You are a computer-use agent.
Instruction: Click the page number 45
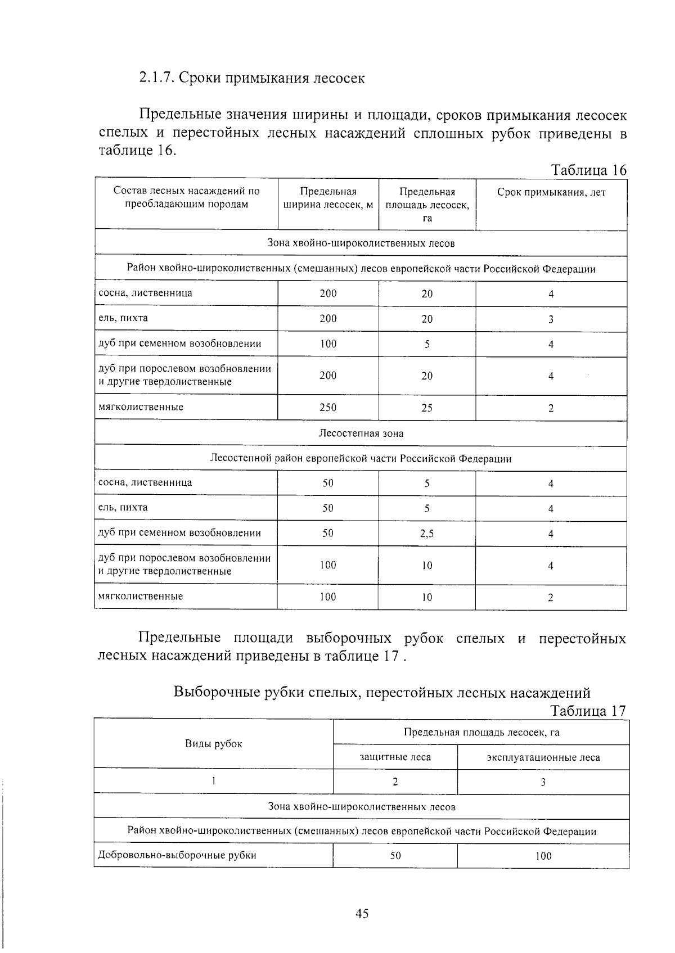click(x=362, y=914)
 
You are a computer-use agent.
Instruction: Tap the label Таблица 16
click(x=588, y=170)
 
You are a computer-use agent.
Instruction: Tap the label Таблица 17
click(x=588, y=711)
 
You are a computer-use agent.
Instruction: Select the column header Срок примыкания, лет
click(x=551, y=193)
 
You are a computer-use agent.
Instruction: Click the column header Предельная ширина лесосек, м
click(x=328, y=198)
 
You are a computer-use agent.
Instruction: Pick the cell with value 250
click(x=328, y=408)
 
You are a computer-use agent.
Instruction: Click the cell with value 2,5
click(x=427, y=534)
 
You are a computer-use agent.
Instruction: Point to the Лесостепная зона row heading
click(x=361, y=433)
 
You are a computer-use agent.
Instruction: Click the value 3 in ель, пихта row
click(x=551, y=319)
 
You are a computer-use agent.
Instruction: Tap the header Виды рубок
click(x=214, y=744)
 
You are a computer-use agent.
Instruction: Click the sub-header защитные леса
click(x=395, y=757)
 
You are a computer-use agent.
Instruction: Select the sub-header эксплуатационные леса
click(x=543, y=758)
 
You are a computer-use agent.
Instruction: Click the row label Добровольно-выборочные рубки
click(x=177, y=855)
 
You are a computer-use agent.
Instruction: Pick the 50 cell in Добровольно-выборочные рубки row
click(x=395, y=856)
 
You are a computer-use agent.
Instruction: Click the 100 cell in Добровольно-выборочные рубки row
click(x=543, y=856)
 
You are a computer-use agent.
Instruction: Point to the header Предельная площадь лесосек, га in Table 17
click(x=481, y=732)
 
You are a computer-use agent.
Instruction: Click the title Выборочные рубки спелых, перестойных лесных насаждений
click(x=382, y=692)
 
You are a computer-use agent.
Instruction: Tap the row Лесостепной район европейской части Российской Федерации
click(x=361, y=459)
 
